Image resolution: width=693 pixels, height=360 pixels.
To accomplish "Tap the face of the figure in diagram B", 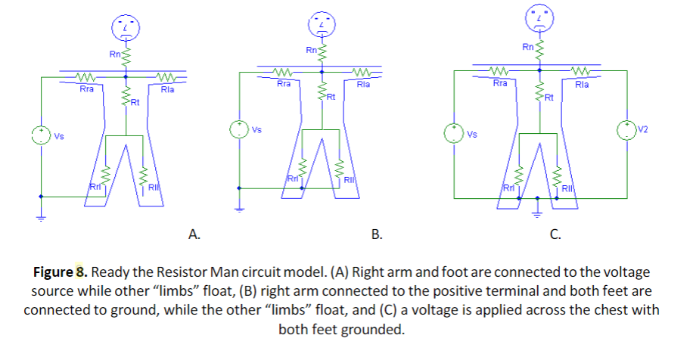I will (x=321, y=26).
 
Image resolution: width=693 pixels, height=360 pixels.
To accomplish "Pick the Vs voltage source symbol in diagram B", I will (x=239, y=129).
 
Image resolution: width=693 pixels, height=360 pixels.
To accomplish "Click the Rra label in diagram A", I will (x=87, y=89).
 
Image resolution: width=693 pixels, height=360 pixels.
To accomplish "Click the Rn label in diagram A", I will (x=114, y=54).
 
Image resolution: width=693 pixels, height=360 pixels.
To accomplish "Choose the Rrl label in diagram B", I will (x=292, y=178).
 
